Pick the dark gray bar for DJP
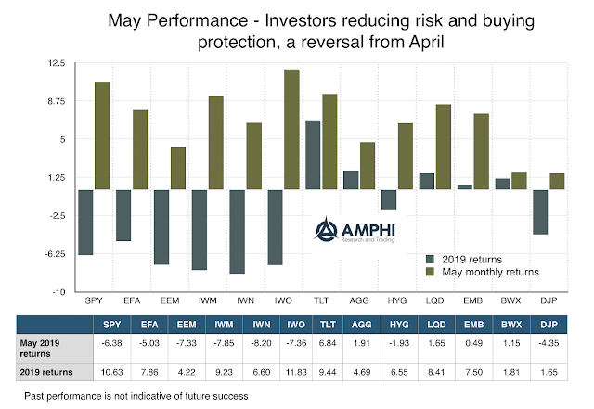[x=540, y=211]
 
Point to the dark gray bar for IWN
[x=237, y=231]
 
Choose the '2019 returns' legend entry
[x=469, y=259]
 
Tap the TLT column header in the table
[x=328, y=324]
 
